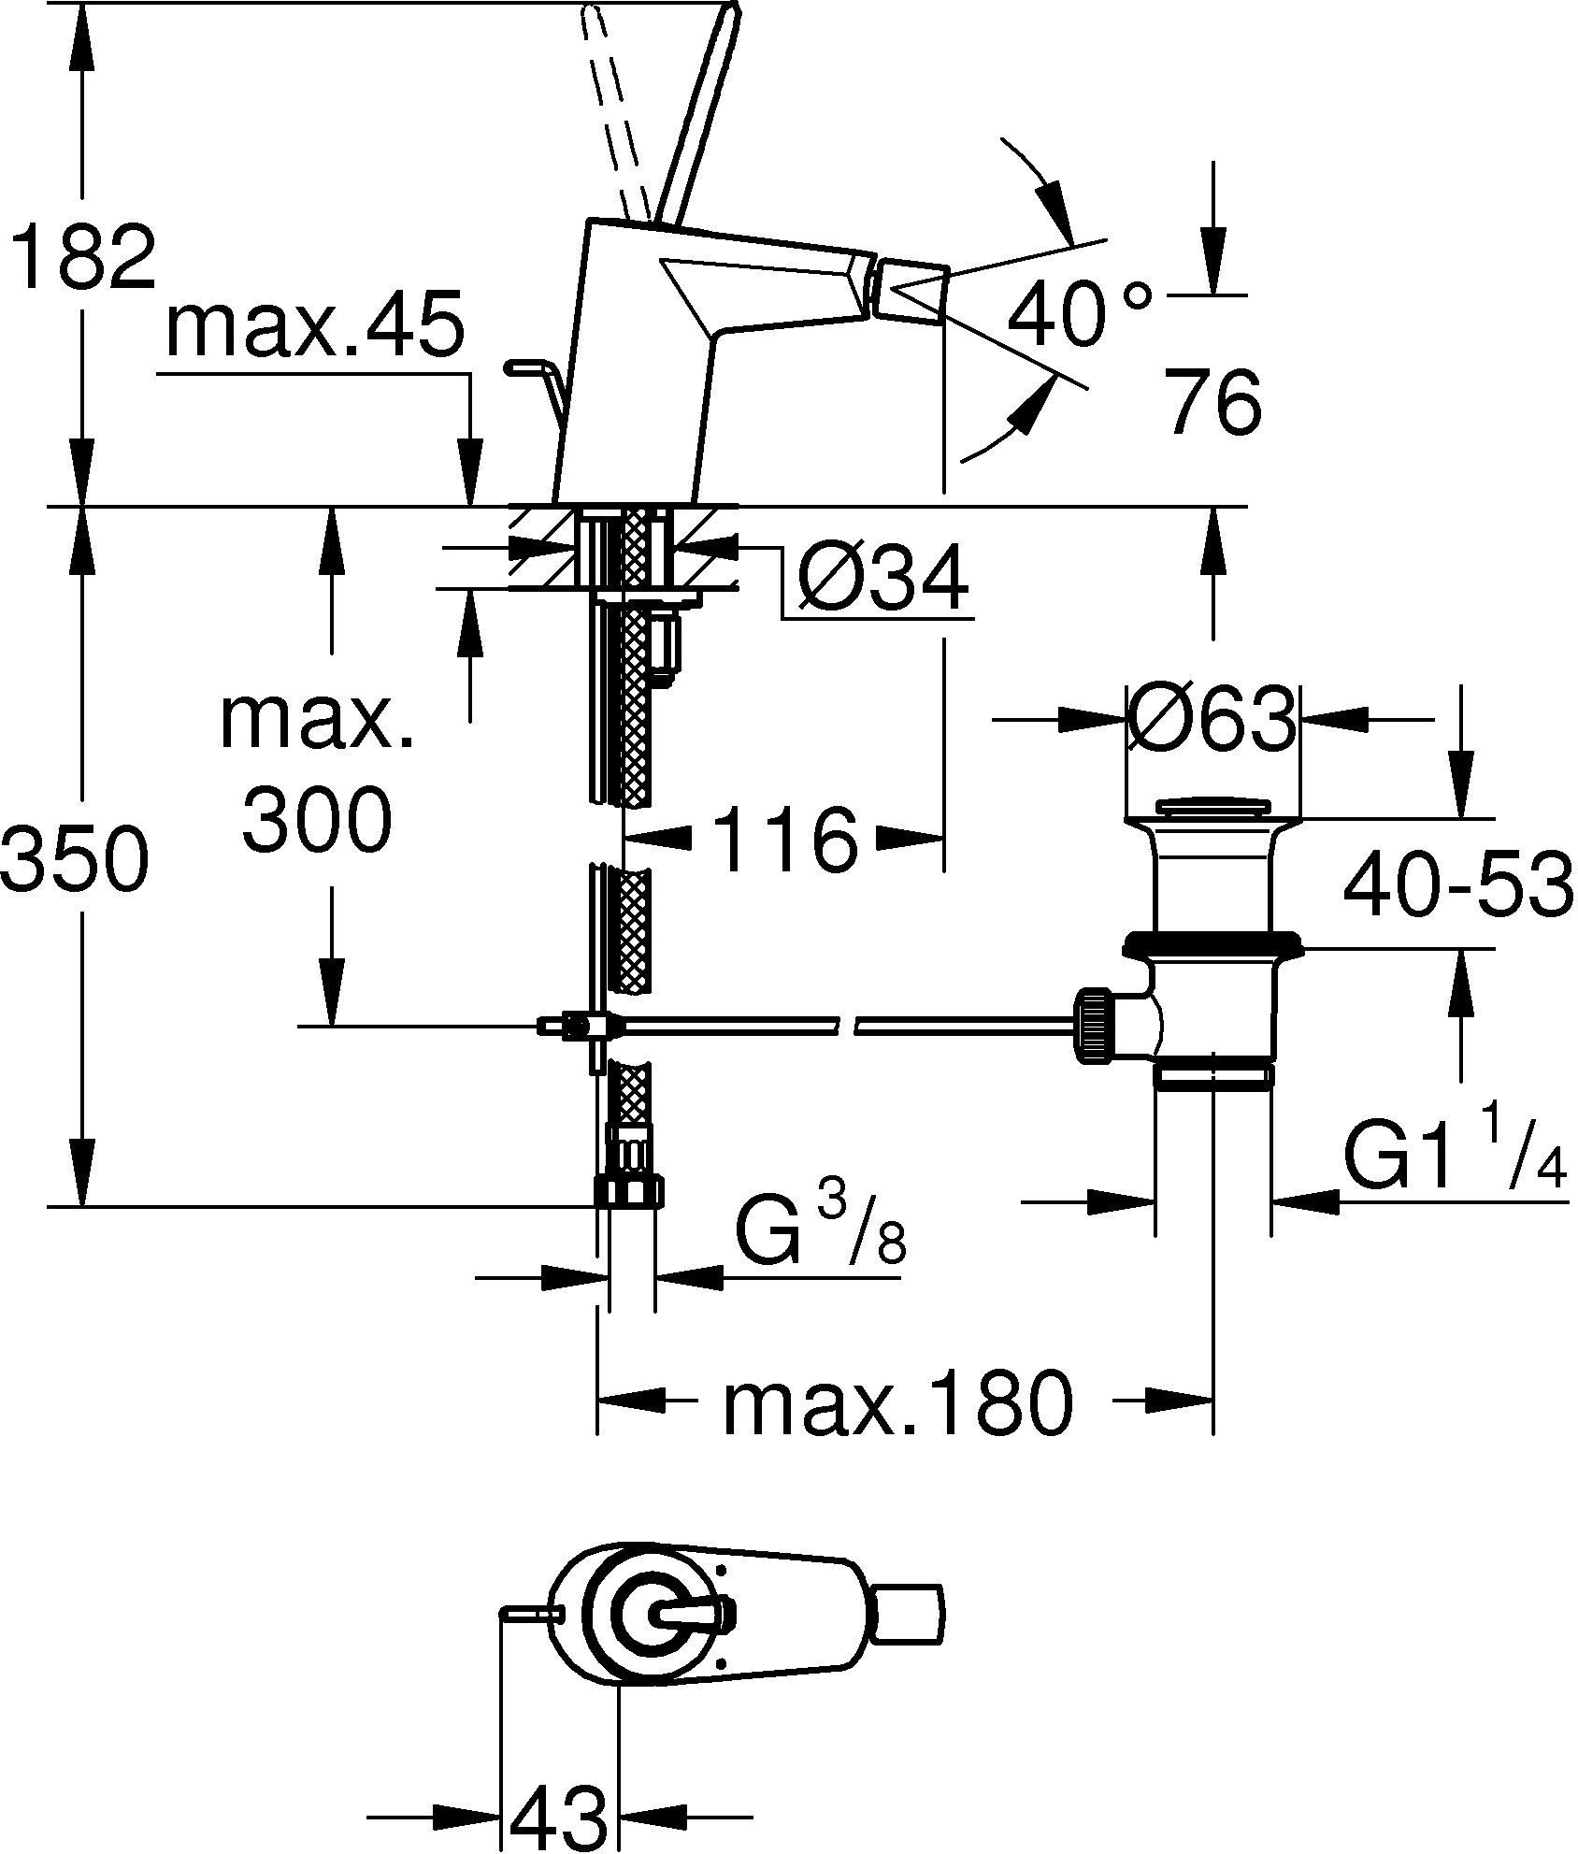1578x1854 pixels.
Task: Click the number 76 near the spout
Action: tap(1213, 402)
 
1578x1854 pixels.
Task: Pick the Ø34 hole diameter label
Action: tap(882, 581)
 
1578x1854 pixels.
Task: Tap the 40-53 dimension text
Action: tap(1456, 884)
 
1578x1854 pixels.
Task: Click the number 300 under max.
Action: tap(316, 819)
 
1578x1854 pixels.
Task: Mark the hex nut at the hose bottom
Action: tap(628, 1191)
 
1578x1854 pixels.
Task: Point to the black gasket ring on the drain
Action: tap(1212, 943)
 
